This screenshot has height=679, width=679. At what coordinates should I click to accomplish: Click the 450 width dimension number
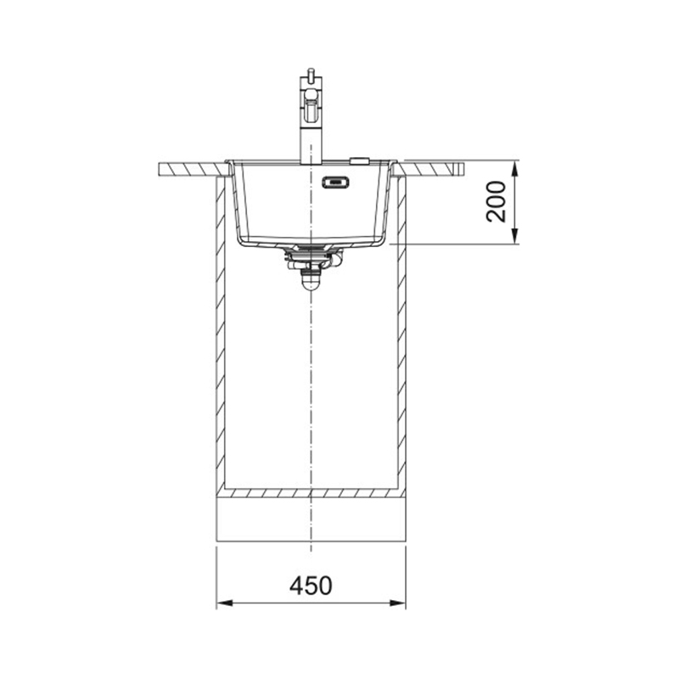pyautogui.click(x=311, y=586)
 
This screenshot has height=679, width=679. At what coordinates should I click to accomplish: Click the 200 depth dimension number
pyautogui.click(x=496, y=202)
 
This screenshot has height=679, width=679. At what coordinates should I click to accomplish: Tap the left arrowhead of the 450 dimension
pyautogui.click(x=225, y=603)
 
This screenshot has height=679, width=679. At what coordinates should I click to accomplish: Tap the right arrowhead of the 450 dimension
pyautogui.click(x=397, y=603)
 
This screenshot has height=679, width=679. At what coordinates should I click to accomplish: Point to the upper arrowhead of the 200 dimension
pyautogui.click(x=514, y=169)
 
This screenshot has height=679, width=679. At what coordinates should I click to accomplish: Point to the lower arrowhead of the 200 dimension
pyautogui.click(x=514, y=236)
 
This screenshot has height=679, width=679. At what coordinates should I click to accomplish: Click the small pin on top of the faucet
pyautogui.click(x=310, y=73)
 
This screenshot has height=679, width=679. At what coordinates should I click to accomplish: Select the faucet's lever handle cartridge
pyautogui.click(x=311, y=105)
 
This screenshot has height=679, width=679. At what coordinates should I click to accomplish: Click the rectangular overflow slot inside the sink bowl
pyautogui.click(x=335, y=182)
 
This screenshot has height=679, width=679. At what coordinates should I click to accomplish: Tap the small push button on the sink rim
pyautogui.click(x=359, y=160)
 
